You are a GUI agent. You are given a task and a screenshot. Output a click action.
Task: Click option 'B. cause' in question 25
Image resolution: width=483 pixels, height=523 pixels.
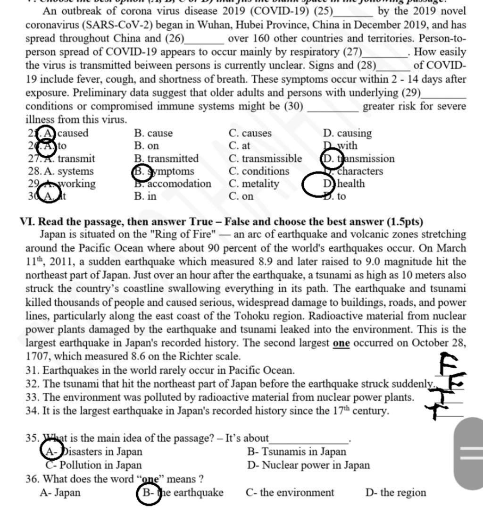tap(153, 134)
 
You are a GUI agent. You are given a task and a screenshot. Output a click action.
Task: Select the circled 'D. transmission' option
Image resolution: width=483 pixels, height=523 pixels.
tap(358, 159)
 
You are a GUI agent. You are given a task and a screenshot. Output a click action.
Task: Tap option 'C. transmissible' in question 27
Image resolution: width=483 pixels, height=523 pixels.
tap(265, 159)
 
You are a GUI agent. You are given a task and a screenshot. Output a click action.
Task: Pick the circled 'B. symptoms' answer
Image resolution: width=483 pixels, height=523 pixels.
tap(164, 171)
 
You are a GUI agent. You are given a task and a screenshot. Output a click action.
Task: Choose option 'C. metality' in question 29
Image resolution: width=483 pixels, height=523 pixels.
tap(254, 184)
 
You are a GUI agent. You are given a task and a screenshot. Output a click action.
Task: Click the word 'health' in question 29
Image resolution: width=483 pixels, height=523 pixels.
tap(351, 184)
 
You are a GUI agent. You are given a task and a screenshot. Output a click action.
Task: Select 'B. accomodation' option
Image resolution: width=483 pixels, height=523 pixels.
tap(173, 184)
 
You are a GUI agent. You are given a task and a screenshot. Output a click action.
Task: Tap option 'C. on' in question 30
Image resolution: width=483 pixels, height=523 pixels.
tap(241, 196)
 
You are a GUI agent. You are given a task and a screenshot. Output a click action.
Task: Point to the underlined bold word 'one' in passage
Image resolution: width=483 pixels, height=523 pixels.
tap(341, 343)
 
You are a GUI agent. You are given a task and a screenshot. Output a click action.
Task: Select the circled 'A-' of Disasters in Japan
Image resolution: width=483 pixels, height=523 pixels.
tap(51, 452)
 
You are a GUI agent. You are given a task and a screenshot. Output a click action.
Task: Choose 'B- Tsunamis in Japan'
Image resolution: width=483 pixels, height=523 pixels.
tap(296, 452)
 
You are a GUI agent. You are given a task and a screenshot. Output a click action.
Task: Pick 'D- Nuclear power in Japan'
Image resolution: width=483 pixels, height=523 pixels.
tap(308, 465)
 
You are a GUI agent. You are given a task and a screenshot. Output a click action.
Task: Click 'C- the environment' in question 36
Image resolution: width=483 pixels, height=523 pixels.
tap(290, 493)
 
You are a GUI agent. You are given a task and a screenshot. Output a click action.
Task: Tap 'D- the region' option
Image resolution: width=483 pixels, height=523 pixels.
tap(395, 493)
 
